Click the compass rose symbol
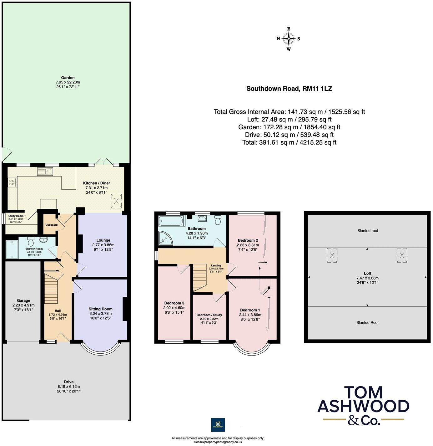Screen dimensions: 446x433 click(289, 39)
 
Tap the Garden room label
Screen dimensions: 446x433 click(68, 78)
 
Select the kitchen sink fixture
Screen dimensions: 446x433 click(45, 171)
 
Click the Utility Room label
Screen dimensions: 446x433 click(16, 216)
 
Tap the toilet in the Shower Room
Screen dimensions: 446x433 click(31, 242)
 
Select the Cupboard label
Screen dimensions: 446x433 click(52, 225)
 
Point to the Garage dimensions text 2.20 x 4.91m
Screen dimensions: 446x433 click(23, 305)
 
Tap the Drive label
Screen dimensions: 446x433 click(69, 382)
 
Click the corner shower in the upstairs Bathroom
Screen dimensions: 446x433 click(165, 238)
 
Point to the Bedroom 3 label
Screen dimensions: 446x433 click(174, 303)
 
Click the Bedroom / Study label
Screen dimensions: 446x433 click(209, 315)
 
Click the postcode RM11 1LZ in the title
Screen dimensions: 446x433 click(317, 89)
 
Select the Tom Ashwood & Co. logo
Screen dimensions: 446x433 click(363, 406)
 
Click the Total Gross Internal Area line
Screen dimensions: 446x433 click(289, 112)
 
